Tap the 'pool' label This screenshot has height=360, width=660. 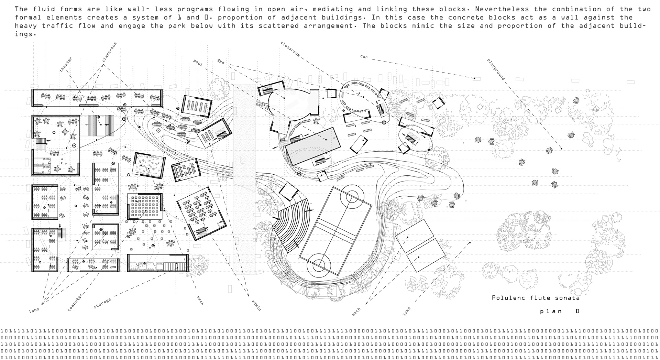[198, 63]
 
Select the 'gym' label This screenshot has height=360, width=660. [221, 61]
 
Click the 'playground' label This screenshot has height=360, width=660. [496, 69]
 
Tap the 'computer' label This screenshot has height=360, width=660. [75, 303]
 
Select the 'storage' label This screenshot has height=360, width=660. [102, 303]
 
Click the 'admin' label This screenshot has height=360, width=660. [256, 305]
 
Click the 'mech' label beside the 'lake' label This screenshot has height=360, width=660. [356, 312]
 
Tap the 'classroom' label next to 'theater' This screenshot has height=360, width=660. [109, 52]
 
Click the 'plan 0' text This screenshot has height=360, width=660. [560, 311]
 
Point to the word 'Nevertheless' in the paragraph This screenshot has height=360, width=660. [492, 9]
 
